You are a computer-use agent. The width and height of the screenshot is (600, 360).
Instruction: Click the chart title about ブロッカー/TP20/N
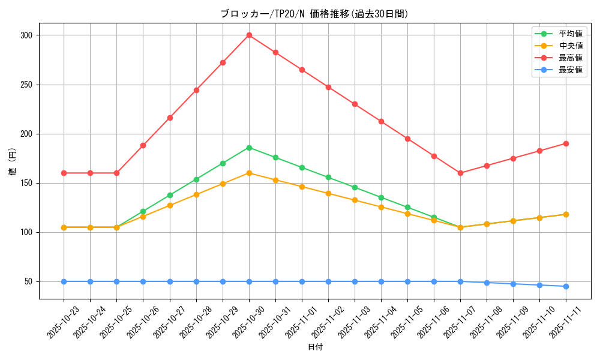tap(314, 14)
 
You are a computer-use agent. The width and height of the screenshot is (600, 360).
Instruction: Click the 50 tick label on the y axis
tap(28, 281)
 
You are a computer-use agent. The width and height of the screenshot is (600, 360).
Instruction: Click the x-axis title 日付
tap(315, 347)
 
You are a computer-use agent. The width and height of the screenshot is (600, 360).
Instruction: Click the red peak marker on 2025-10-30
tap(249, 35)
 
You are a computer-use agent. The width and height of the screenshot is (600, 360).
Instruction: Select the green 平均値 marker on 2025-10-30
tap(249, 148)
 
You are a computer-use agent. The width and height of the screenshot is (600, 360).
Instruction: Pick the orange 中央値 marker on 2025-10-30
tap(249, 173)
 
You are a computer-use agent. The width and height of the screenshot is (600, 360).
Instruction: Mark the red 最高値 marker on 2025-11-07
tap(460, 173)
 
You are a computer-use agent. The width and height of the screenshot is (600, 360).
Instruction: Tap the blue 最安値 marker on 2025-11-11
tap(566, 286)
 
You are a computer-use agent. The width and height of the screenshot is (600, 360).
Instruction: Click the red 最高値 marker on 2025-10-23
tap(64, 173)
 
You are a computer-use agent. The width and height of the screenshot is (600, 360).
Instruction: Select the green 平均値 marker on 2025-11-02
tap(328, 177)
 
